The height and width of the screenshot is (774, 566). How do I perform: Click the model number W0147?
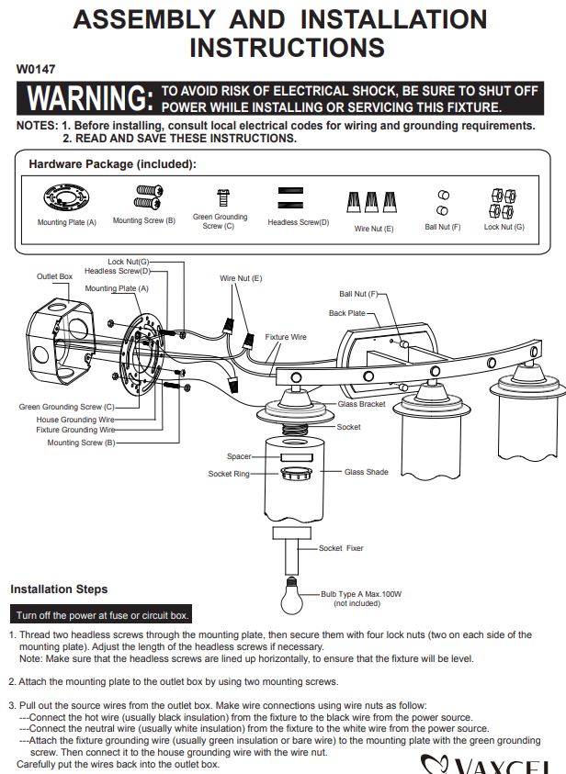click(36, 69)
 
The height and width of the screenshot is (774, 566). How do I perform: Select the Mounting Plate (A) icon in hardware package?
click(67, 197)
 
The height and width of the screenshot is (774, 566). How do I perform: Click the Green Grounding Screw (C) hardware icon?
click(222, 197)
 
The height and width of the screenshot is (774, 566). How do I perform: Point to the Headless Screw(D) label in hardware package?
click(299, 222)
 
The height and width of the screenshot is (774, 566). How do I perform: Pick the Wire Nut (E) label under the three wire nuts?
click(374, 229)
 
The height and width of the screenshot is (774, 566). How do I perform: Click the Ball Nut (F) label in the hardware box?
click(443, 227)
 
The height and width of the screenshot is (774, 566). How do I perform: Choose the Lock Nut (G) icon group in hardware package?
click(504, 204)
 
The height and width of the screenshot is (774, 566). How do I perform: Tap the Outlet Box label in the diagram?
click(54, 276)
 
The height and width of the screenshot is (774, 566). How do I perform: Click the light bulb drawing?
click(291, 596)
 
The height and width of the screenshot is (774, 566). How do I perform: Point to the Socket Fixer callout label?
click(341, 548)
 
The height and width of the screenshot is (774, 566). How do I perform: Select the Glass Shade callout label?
click(367, 472)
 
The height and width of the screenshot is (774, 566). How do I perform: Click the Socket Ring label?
click(229, 474)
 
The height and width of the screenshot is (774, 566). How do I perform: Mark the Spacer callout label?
click(239, 456)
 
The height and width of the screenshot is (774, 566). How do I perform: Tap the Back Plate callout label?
click(347, 313)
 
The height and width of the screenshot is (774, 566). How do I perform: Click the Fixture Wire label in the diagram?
click(286, 337)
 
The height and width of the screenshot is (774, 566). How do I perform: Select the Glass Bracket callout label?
click(361, 404)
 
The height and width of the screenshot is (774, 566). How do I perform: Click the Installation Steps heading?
click(59, 589)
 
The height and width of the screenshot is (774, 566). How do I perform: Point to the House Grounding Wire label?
click(75, 420)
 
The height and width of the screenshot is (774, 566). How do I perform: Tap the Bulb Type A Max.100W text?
click(361, 594)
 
